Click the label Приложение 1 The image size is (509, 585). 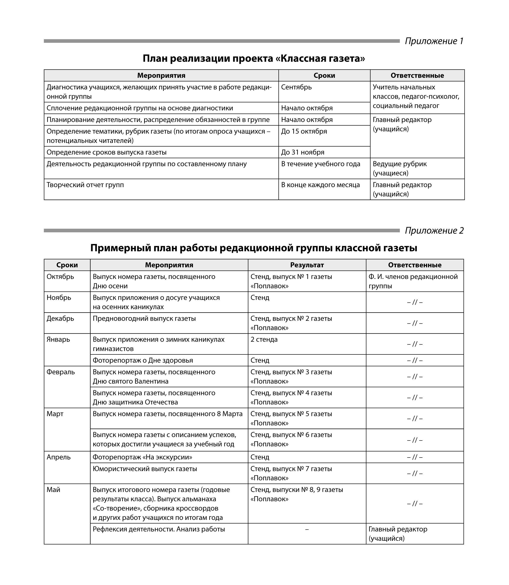434,41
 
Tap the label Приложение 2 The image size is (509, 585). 434,230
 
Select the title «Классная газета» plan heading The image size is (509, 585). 254,59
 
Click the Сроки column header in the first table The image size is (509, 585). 324,76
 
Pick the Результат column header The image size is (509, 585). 307,265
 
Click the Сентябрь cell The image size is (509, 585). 296,87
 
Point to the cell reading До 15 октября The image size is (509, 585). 304,131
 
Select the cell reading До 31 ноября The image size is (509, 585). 303,152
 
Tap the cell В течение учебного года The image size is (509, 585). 320,164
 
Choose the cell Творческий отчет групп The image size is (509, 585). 85,185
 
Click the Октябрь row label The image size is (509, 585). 60,277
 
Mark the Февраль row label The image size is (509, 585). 61,372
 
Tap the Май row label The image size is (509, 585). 53,490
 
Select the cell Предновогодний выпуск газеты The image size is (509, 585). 144,319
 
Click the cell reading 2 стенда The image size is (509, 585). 264,340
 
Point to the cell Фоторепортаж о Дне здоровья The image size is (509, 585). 143,360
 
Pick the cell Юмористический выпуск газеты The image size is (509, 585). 145,469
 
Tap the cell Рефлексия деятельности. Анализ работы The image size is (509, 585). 159,529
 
